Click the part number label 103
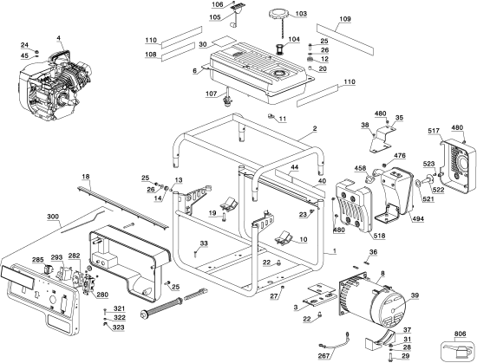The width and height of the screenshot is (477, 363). [x=301, y=14]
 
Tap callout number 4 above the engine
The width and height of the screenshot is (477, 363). [x=58, y=38]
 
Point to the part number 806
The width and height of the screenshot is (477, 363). [x=460, y=334]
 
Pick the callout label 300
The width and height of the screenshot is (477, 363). [x=53, y=217]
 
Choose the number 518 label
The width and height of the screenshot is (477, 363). [x=379, y=236]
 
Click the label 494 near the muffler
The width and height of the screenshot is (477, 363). [x=418, y=218]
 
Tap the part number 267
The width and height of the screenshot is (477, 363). [x=323, y=356]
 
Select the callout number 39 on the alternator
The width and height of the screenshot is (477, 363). [x=415, y=295]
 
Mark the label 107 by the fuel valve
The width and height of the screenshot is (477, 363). [x=211, y=94]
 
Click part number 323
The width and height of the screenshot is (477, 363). [x=118, y=327]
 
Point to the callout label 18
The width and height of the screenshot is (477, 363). [x=86, y=177]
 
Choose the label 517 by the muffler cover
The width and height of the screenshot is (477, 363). [x=434, y=131]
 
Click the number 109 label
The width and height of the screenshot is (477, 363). [x=345, y=19]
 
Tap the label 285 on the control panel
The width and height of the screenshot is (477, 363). [x=37, y=260]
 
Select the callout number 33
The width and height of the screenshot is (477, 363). [x=204, y=243]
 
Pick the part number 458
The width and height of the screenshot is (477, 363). [x=361, y=168]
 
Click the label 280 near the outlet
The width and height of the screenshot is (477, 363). [x=102, y=295]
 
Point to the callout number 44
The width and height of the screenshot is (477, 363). [x=295, y=167]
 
